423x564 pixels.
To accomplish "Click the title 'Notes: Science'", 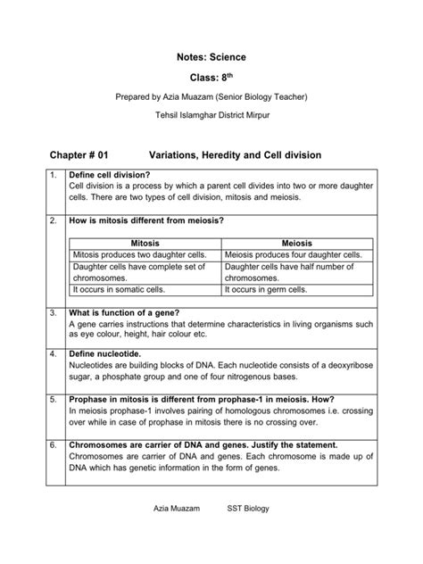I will pyautogui.click(x=211, y=57).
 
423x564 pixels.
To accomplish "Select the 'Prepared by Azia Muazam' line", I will pyautogui.click(x=211, y=96).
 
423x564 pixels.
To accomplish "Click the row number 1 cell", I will pyautogui.click(x=54, y=174).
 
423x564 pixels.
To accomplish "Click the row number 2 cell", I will pyautogui.click(x=54, y=220).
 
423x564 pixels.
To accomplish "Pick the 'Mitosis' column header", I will pyautogui.click(x=145, y=243).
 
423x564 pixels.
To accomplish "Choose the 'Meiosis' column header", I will pyautogui.click(x=297, y=243).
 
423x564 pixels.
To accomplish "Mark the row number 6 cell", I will pyautogui.click(x=54, y=444).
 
